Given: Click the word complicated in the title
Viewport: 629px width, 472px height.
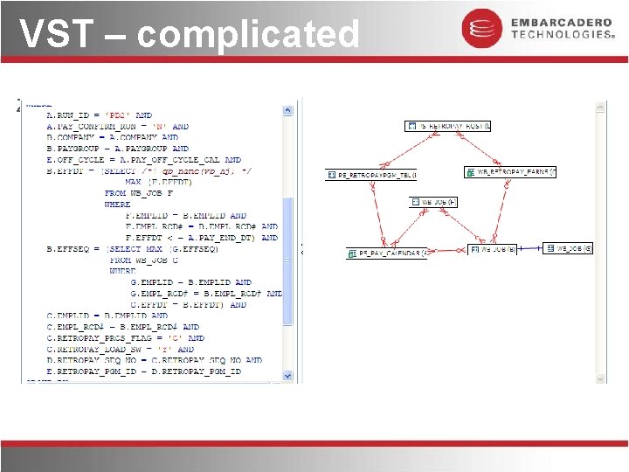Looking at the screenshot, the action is pyautogui.click(x=248, y=36).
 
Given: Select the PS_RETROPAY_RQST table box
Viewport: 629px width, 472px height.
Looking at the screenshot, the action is pyautogui.click(x=449, y=127).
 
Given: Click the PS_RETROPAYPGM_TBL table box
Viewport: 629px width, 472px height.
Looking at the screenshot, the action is pyautogui.click(x=372, y=175).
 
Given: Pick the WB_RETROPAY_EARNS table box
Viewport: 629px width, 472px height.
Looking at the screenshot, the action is pyautogui.click(x=510, y=172).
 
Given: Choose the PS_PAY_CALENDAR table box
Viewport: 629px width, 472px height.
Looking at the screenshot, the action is pyautogui.click(x=387, y=253).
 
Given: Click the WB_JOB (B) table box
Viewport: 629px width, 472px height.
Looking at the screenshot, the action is pyautogui.click(x=494, y=249).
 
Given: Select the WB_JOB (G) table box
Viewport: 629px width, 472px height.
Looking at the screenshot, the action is pyautogui.click(x=569, y=248).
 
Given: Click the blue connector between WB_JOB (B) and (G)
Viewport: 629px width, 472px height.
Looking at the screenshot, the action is pyautogui.click(x=530, y=249).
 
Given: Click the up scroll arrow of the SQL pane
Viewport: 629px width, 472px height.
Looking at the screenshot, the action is pyautogui.click(x=287, y=110).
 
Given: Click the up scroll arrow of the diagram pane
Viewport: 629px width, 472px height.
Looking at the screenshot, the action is pyautogui.click(x=601, y=109).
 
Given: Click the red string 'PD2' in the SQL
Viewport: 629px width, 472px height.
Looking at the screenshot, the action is pyautogui.click(x=117, y=115).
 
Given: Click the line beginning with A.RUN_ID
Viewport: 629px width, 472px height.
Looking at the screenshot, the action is pyautogui.click(x=100, y=115).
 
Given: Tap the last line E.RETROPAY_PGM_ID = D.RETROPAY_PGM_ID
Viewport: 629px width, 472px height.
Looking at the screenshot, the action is pyautogui.click(x=143, y=371).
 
